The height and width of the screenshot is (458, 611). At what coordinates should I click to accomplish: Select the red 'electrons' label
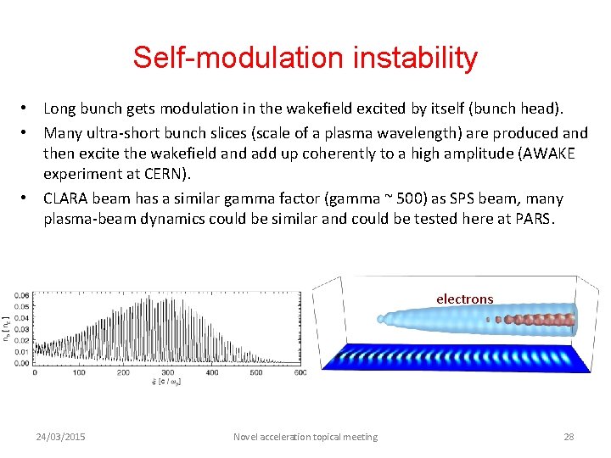[464, 299]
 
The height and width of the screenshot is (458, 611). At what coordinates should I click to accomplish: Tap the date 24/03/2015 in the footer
[60, 437]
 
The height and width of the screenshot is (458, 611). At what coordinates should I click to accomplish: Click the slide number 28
[569, 437]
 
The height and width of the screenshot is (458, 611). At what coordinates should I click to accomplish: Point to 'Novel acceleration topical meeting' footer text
[305, 437]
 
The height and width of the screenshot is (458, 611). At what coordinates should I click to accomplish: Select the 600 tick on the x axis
[300, 372]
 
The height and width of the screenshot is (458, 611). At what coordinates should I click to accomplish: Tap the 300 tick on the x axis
[167, 372]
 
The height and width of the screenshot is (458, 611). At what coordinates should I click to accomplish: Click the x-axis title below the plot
[166, 383]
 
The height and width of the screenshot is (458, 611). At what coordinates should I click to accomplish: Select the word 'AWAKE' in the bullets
[550, 154]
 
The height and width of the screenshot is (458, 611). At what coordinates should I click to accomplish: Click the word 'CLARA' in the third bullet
[66, 199]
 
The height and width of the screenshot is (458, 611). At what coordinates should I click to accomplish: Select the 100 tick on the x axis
[79, 372]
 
